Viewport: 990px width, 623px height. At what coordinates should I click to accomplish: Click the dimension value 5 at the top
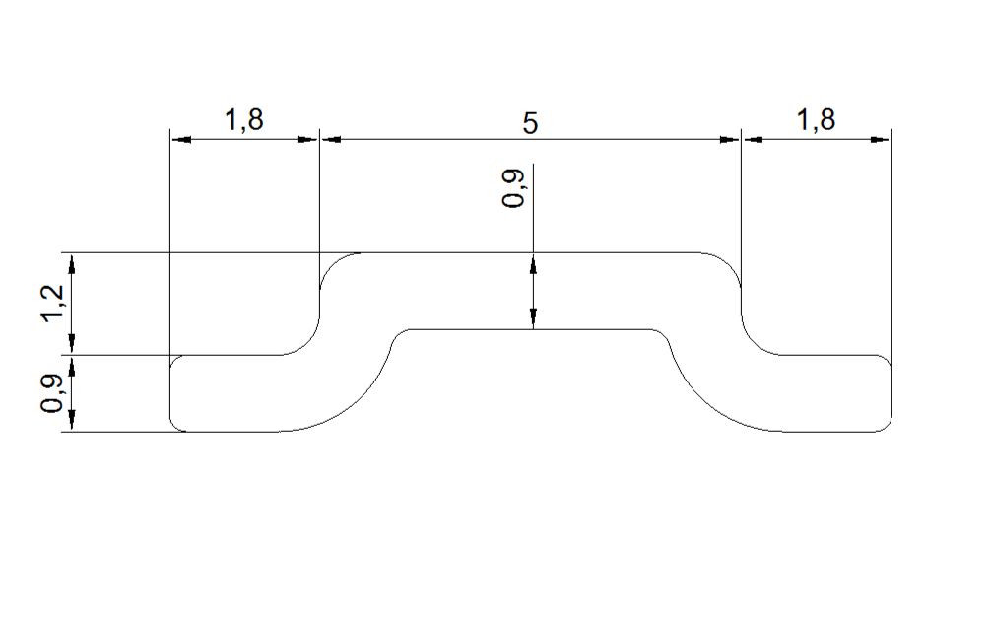click(530, 123)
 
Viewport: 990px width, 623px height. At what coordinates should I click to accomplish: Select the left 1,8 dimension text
click(243, 120)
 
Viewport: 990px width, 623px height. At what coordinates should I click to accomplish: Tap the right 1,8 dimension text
click(816, 120)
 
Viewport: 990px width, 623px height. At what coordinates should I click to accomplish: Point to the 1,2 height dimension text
click(53, 304)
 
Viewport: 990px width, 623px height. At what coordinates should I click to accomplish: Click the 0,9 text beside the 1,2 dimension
click(53, 393)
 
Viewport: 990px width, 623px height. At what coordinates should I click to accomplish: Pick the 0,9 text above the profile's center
click(512, 188)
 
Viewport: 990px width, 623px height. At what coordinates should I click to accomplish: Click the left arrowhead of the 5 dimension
click(331, 139)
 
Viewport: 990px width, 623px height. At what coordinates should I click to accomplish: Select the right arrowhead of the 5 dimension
click(730, 139)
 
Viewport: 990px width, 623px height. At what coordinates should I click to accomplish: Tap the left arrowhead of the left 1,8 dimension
click(181, 139)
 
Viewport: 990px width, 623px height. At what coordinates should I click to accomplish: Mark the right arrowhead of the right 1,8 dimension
click(880, 139)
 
